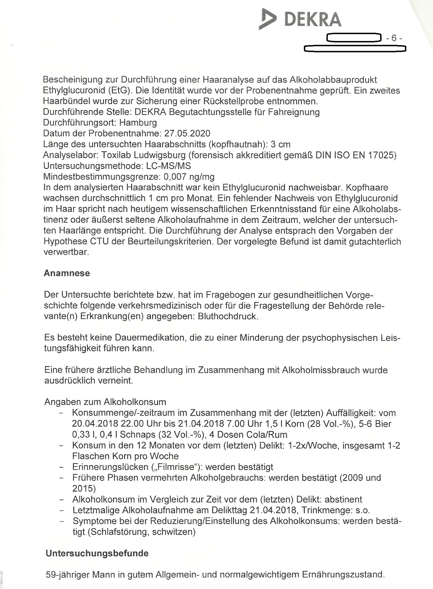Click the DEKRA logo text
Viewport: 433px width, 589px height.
tap(313, 20)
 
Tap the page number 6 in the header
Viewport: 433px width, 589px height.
tap(394, 38)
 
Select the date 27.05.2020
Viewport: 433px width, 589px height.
tap(187, 133)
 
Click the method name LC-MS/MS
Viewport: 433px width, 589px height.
tap(169, 166)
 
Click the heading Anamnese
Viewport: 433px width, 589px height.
tap(67, 273)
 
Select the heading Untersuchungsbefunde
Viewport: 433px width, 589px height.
tap(97, 553)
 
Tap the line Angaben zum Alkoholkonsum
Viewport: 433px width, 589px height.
tap(105, 402)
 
